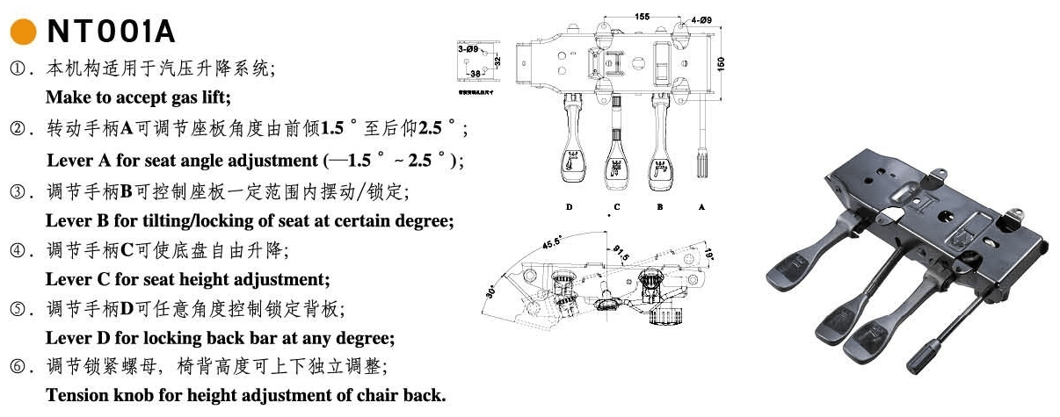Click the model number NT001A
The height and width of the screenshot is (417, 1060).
(111, 32)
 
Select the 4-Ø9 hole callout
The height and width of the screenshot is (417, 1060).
(701, 18)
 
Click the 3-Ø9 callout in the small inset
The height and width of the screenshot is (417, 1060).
(468, 51)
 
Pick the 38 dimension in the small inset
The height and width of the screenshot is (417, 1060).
(475, 74)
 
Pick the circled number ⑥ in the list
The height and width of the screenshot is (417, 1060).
(17, 366)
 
